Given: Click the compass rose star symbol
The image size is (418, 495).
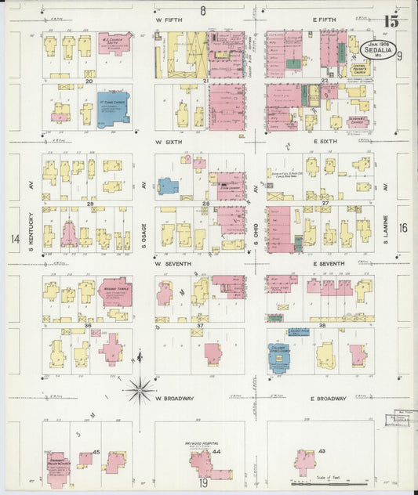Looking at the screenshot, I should click(x=140, y=387).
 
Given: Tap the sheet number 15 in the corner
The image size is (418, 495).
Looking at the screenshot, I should click(x=392, y=20).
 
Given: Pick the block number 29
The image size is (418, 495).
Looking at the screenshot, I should click(x=90, y=204).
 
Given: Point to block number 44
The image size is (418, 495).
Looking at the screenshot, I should click(x=216, y=453).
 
